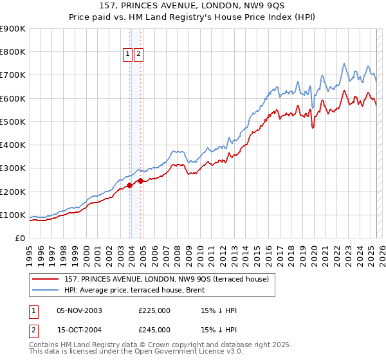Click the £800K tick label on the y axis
click(13, 52)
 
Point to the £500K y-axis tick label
click(13, 122)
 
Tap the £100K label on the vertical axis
click(13, 215)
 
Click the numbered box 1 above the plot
click(128, 55)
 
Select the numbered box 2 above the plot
click(139, 55)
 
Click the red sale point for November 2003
click(130, 186)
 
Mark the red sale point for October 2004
click(140, 181)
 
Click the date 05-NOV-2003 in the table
click(79, 310)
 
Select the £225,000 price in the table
click(154, 310)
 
